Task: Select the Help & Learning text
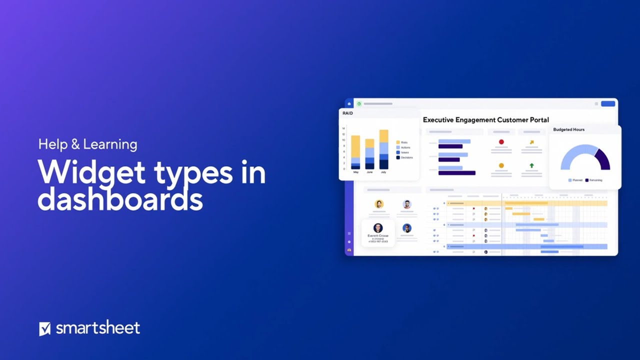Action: (x=87, y=144)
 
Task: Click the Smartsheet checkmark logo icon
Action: (x=45, y=328)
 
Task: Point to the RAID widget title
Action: (x=347, y=113)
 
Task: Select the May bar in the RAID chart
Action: (x=355, y=152)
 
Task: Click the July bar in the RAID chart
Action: (x=383, y=149)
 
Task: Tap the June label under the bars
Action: (x=369, y=172)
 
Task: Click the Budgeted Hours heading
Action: (x=568, y=129)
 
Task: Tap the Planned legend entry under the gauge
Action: (x=575, y=180)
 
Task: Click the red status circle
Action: (x=501, y=142)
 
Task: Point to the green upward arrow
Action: (x=531, y=165)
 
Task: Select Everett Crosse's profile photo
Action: (x=378, y=228)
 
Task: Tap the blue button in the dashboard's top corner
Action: (x=608, y=103)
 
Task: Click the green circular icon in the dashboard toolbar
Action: (x=359, y=104)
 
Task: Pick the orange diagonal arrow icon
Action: (x=531, y=142)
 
